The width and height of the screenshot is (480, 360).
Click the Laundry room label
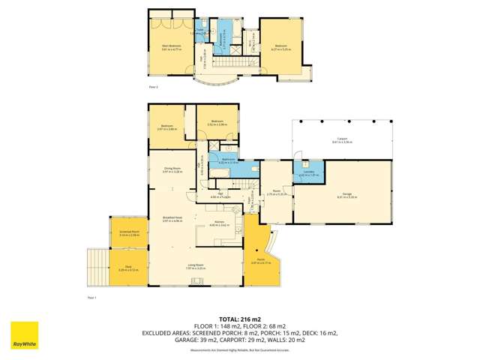click(309, 174)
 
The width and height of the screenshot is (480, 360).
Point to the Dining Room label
click(172, 169)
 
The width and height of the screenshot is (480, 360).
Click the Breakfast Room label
click(172, 218)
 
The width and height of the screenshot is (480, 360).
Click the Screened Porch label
click(129, 233)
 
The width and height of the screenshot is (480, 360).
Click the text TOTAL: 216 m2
click(239, 318)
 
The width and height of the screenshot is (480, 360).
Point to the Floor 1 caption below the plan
click(91, 297)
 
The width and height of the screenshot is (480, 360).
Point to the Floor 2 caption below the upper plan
click(153, 87)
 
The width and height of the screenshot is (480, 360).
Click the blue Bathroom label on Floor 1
click(228, 160)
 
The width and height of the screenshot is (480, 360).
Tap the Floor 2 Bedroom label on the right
click(279, 47)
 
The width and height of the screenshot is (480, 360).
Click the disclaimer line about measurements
click(239, 349)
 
